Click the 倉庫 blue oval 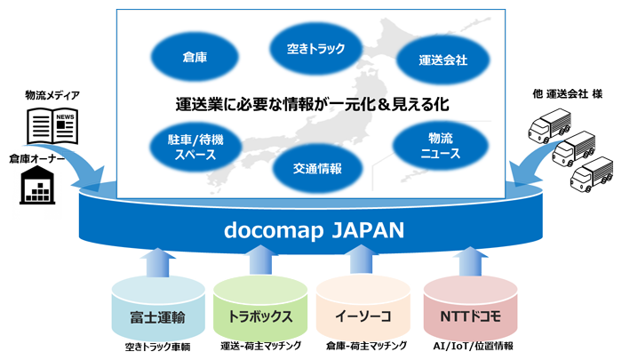195,57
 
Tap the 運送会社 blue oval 443,60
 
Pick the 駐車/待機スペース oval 195,147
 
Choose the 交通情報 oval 317,169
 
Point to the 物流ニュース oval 441,146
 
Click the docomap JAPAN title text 314,230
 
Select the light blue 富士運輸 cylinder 158,308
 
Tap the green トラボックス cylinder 260,308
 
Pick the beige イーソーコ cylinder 363,308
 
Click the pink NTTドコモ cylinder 470,308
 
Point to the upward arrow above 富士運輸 158,263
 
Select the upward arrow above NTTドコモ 470,262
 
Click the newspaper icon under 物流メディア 52,126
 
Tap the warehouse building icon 37,185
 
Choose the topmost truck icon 549,126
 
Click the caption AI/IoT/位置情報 473,346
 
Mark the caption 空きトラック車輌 158,347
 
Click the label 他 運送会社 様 567,94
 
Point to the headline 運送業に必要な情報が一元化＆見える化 312,104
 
